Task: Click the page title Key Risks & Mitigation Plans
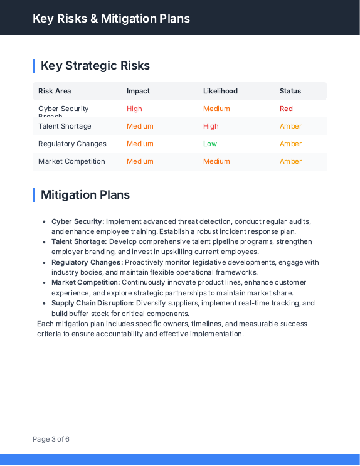[x=111, y=18]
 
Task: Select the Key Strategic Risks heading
[x=95, y=66]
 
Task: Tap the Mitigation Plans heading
[x=85, y=195]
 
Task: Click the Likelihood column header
[x=220, y=91]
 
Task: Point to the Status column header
[x=290, y=91]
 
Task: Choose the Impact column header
[x=138, y=91]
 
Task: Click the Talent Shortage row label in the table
[x=65, y=126]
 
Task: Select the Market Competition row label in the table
[x=71, y=161]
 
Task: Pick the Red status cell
[x=286, y=109]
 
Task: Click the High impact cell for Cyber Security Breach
[x=134, y=109]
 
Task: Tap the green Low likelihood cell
[x=210, y=144]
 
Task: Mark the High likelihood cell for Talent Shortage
[x=211, y=126]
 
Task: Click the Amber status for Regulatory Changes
[x=290, y=144]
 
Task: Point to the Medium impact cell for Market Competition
[x=140, y=161]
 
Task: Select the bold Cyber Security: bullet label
[x=78, y=221]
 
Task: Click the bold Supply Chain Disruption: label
[x=93, y=303]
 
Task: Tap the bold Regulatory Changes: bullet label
[x=87, y=262]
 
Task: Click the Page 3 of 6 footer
[x=51, y=439]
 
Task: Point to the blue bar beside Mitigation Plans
[x=34, y=195]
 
